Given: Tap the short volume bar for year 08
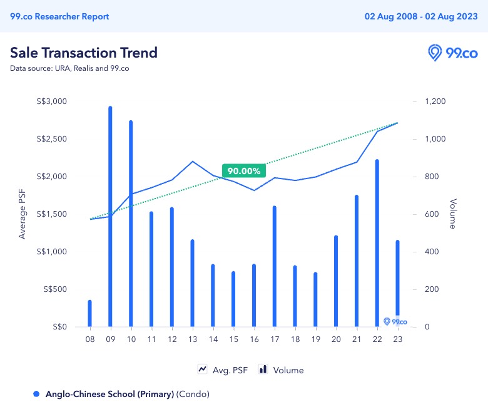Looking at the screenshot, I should click(x=89, y=313).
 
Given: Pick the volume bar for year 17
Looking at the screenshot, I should click(x=274, y=266).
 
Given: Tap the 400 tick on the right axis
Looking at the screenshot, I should click(x=433, y=252).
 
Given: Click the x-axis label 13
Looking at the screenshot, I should click(x=192, y=339).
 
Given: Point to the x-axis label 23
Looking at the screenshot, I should click(x=397, y=339).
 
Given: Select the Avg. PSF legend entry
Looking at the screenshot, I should click(x=223, y=370).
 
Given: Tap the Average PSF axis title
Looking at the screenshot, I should click(x=23, y=214).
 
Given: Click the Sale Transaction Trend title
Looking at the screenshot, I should click(x=83, y=53).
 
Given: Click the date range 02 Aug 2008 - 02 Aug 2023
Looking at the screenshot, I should click(x=421, y=16).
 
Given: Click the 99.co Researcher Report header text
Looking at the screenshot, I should click(x=59, y=16).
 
